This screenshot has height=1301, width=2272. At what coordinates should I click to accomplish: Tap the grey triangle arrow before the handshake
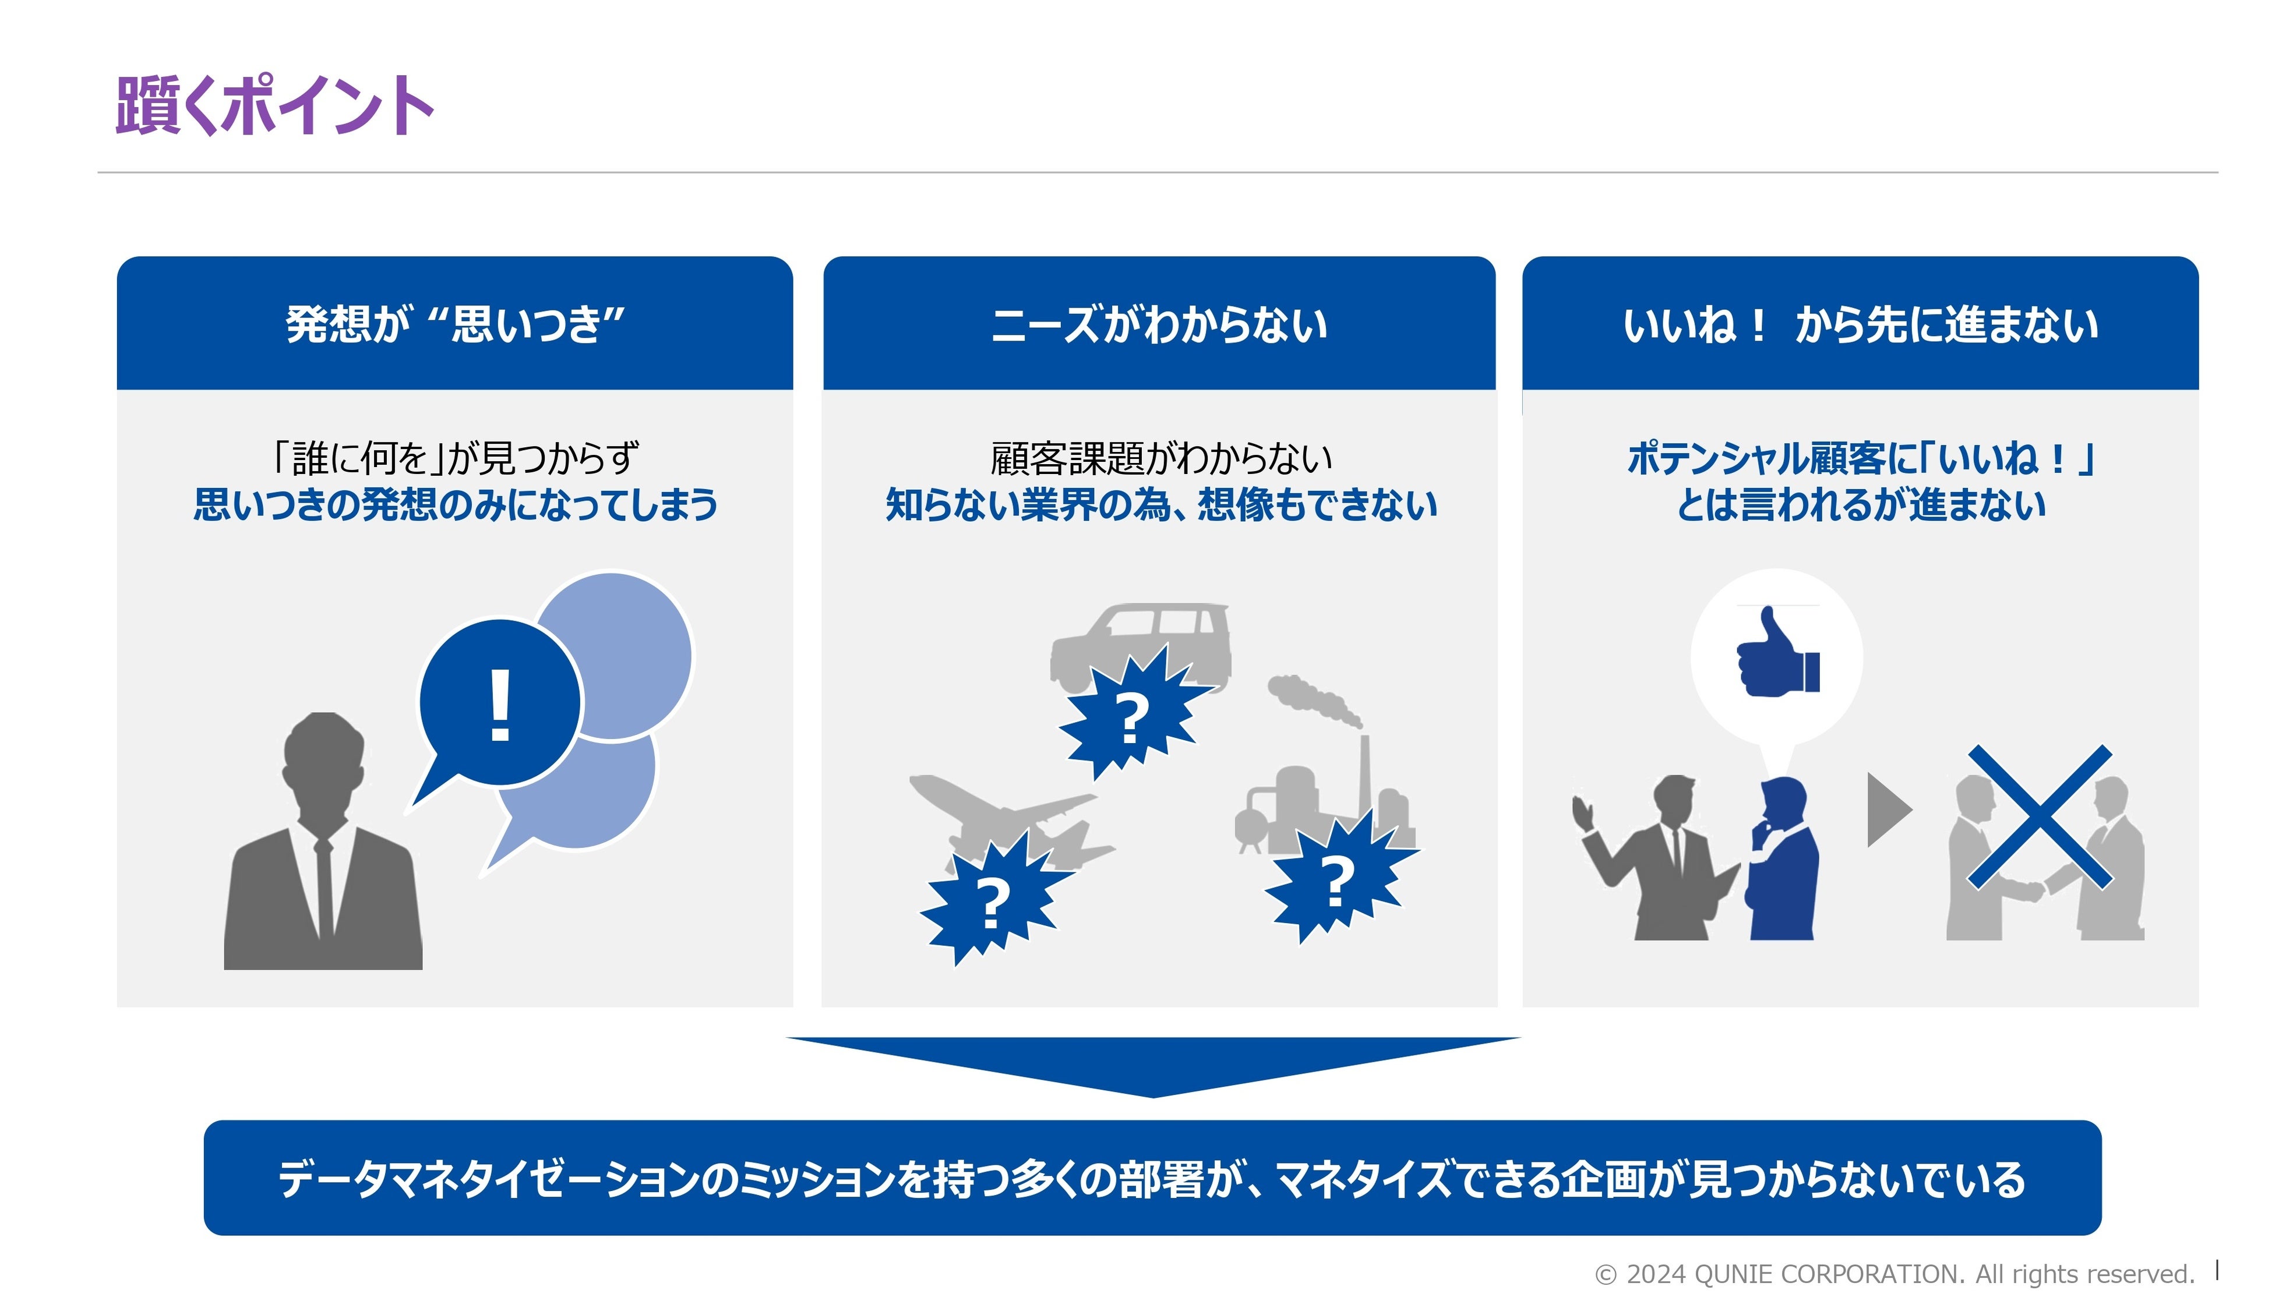coord(1888,809)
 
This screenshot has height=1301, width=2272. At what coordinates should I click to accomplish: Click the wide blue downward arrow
coord(1153,1064)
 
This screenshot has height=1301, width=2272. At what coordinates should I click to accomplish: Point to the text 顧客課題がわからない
coord(1160,458)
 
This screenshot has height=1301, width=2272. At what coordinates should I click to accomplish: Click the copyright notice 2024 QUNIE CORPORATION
coord(1895,1273)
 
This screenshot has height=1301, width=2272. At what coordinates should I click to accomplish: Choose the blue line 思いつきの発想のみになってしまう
coord(455,505)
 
